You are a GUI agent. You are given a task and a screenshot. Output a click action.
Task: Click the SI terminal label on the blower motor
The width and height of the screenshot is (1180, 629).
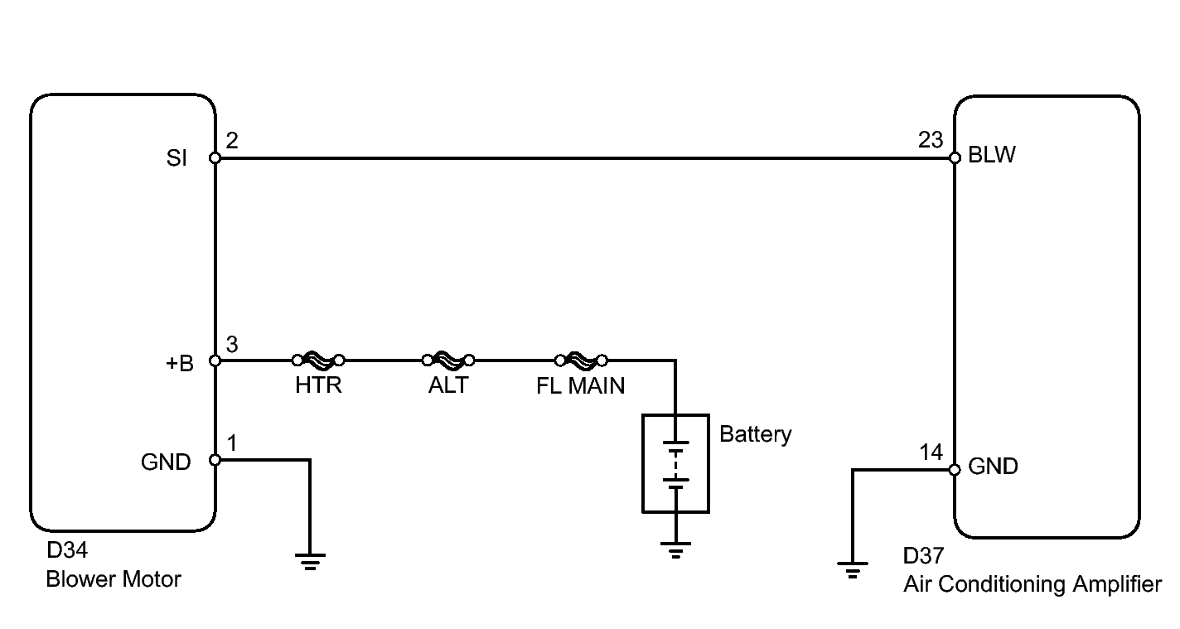coord(177,158)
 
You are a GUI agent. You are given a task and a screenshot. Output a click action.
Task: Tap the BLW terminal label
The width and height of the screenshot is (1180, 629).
coord(992,155)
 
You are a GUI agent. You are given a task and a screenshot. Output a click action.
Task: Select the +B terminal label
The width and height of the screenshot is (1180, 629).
coord(180,364)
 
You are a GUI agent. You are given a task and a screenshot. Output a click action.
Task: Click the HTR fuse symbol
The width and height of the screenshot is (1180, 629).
coord(318,360)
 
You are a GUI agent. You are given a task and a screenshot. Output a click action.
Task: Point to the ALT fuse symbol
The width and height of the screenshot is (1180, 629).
coord(448,360)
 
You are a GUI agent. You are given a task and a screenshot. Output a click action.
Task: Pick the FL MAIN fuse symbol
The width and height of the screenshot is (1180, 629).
coord(581,360)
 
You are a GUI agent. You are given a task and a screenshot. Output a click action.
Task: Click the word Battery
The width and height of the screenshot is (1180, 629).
coord(756,434)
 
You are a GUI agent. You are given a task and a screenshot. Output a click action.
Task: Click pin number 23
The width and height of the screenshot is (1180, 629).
coord(931,140)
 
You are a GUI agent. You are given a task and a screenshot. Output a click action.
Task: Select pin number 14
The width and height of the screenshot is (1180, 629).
coord(931,452)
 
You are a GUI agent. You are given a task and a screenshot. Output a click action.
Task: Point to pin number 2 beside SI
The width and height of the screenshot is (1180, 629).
coord(232,141)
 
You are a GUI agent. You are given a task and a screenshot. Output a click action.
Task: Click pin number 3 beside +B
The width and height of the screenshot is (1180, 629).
coord(232,345)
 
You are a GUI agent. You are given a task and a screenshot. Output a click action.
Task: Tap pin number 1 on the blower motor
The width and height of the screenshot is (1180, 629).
coord(232,443)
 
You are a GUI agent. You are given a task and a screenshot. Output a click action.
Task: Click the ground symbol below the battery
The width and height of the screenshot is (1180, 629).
coord(675,550)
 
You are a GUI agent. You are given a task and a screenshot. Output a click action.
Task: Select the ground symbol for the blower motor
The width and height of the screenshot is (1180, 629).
coord(310,562)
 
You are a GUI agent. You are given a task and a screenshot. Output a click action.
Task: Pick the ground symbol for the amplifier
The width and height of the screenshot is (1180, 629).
coord(853,570)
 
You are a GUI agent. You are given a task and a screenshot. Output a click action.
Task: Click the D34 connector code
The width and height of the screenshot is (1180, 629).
coord(67,550)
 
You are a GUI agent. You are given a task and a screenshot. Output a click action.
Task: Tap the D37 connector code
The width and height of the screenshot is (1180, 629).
coord(923,556)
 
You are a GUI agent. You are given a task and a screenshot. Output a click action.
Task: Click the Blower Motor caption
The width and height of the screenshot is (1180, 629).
coord(114,579)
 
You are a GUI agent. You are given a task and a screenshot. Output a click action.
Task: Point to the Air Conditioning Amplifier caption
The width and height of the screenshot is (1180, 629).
coord(1032,584)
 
